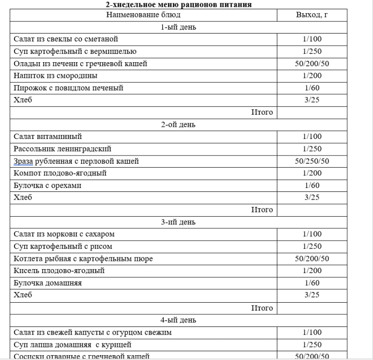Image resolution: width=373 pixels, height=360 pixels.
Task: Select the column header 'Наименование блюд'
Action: pos(144,15)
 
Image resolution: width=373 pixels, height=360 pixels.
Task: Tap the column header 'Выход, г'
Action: pos(312,15)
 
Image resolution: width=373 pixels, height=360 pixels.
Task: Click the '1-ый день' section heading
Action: pos(178,27)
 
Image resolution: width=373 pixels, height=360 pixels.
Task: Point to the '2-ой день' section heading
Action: pos(178,125)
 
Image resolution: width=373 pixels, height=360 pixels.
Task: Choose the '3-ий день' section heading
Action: pos(178,223)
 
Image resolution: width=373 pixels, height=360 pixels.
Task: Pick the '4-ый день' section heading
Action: pos(178,320)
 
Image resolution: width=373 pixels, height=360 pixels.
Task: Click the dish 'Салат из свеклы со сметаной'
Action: pos(66,39)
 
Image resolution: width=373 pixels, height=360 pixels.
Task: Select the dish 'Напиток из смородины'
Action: pos(55,76)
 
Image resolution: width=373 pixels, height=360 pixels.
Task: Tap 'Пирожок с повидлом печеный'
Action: pos(68,88)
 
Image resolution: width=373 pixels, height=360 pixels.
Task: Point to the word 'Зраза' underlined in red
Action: pos(23,161)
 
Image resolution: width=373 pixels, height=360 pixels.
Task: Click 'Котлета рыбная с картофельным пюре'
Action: pos(83,259)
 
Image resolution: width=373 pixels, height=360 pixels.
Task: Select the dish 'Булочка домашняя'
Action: pos(48,283)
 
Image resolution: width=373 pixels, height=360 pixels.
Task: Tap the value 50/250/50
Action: pos(312,161)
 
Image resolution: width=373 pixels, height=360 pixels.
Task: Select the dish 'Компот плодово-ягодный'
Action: pos(60,173)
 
